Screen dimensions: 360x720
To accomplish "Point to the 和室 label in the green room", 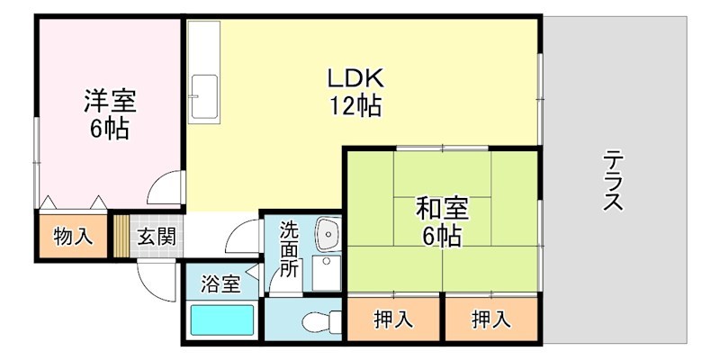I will click(440, 209).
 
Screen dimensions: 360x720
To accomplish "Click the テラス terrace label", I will click(615, 180).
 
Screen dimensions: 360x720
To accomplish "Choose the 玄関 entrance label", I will click(157, 238).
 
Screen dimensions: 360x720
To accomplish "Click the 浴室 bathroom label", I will click(220, 285).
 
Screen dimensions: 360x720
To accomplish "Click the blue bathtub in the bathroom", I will click(221, 321).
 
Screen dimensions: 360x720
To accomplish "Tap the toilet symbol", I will click(320, 321).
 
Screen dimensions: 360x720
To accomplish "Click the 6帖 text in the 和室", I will click(440, 237).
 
